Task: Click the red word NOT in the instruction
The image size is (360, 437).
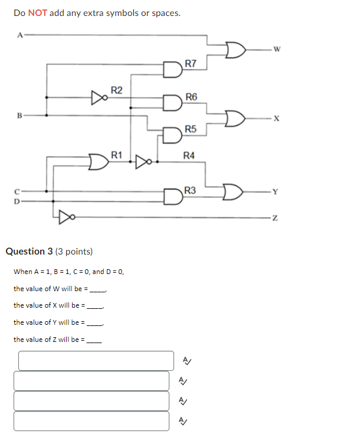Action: pyautogui.click(x=37, y=12)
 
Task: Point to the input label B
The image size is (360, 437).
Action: pyautogui.click(x=19, y=115)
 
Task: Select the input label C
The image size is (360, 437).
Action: pyautogui.click(x=18, y=191)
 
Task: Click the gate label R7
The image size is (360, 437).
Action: pyautogui.click(x=191, y=63)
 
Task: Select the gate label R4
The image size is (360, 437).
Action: pyautogui.click(x=189, y=155)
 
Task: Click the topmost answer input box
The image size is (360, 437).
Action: pyautogui.click(x=96, y=361)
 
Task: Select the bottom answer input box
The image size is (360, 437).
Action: pyautogui.click(x=91, y=421)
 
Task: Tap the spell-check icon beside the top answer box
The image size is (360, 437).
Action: pyautogui.click(x=186, y=360)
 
